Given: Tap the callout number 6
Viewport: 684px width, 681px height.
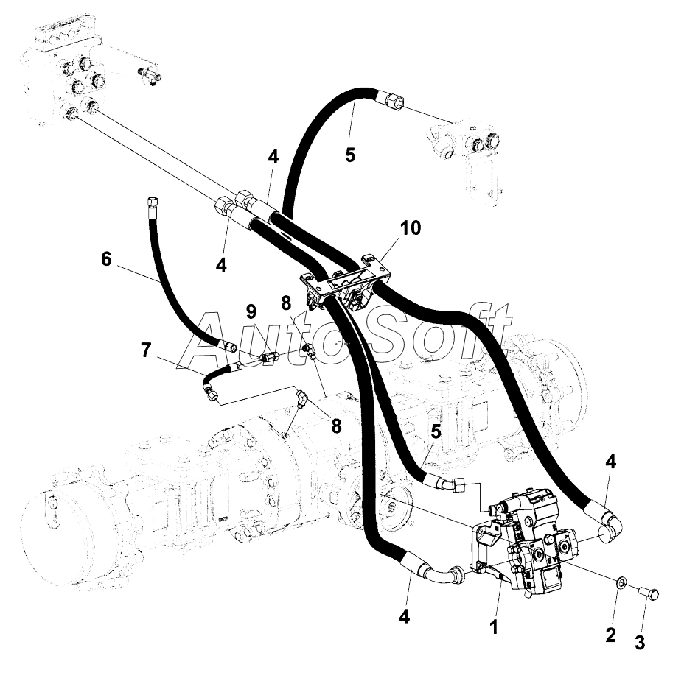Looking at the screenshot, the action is (106, 259).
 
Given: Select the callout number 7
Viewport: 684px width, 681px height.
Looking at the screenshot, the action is (146, 350).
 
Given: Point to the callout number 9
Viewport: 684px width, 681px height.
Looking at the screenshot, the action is (251, 311).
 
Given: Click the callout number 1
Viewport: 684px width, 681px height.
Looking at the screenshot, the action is (493, 628).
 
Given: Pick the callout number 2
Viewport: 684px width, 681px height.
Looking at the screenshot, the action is (611, 635).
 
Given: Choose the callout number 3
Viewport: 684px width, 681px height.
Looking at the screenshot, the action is (640, 643).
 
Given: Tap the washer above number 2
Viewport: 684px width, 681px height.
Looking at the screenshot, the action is (621, 581).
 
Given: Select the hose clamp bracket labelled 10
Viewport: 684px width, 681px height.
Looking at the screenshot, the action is (345, 281).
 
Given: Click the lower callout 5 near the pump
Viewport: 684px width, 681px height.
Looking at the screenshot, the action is (436, 431).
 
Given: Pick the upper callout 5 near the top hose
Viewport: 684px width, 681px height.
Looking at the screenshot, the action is (350, 155).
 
